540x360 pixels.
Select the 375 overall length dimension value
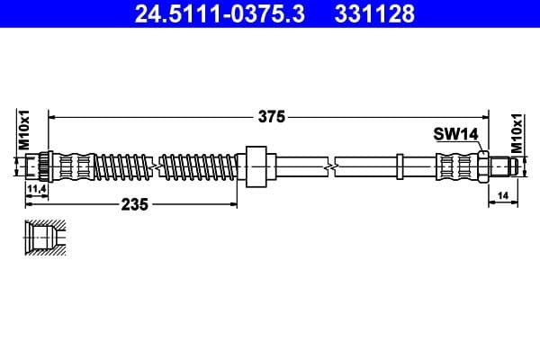tap(271, 116)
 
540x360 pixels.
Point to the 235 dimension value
tap(135, 204)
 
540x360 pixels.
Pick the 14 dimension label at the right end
tap(503, 194)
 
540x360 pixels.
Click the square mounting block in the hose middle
tap(256, 166)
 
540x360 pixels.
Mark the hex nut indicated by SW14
tap(483, 166)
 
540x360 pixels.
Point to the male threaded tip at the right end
tap(504, 166)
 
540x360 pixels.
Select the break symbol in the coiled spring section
tap(159, 166)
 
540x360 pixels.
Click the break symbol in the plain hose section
tap(334, 166)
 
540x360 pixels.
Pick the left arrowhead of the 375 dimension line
tap(52, 116)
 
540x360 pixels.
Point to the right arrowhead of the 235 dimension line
tap(252, 204)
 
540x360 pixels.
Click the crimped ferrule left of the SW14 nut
tap(454, 166)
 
